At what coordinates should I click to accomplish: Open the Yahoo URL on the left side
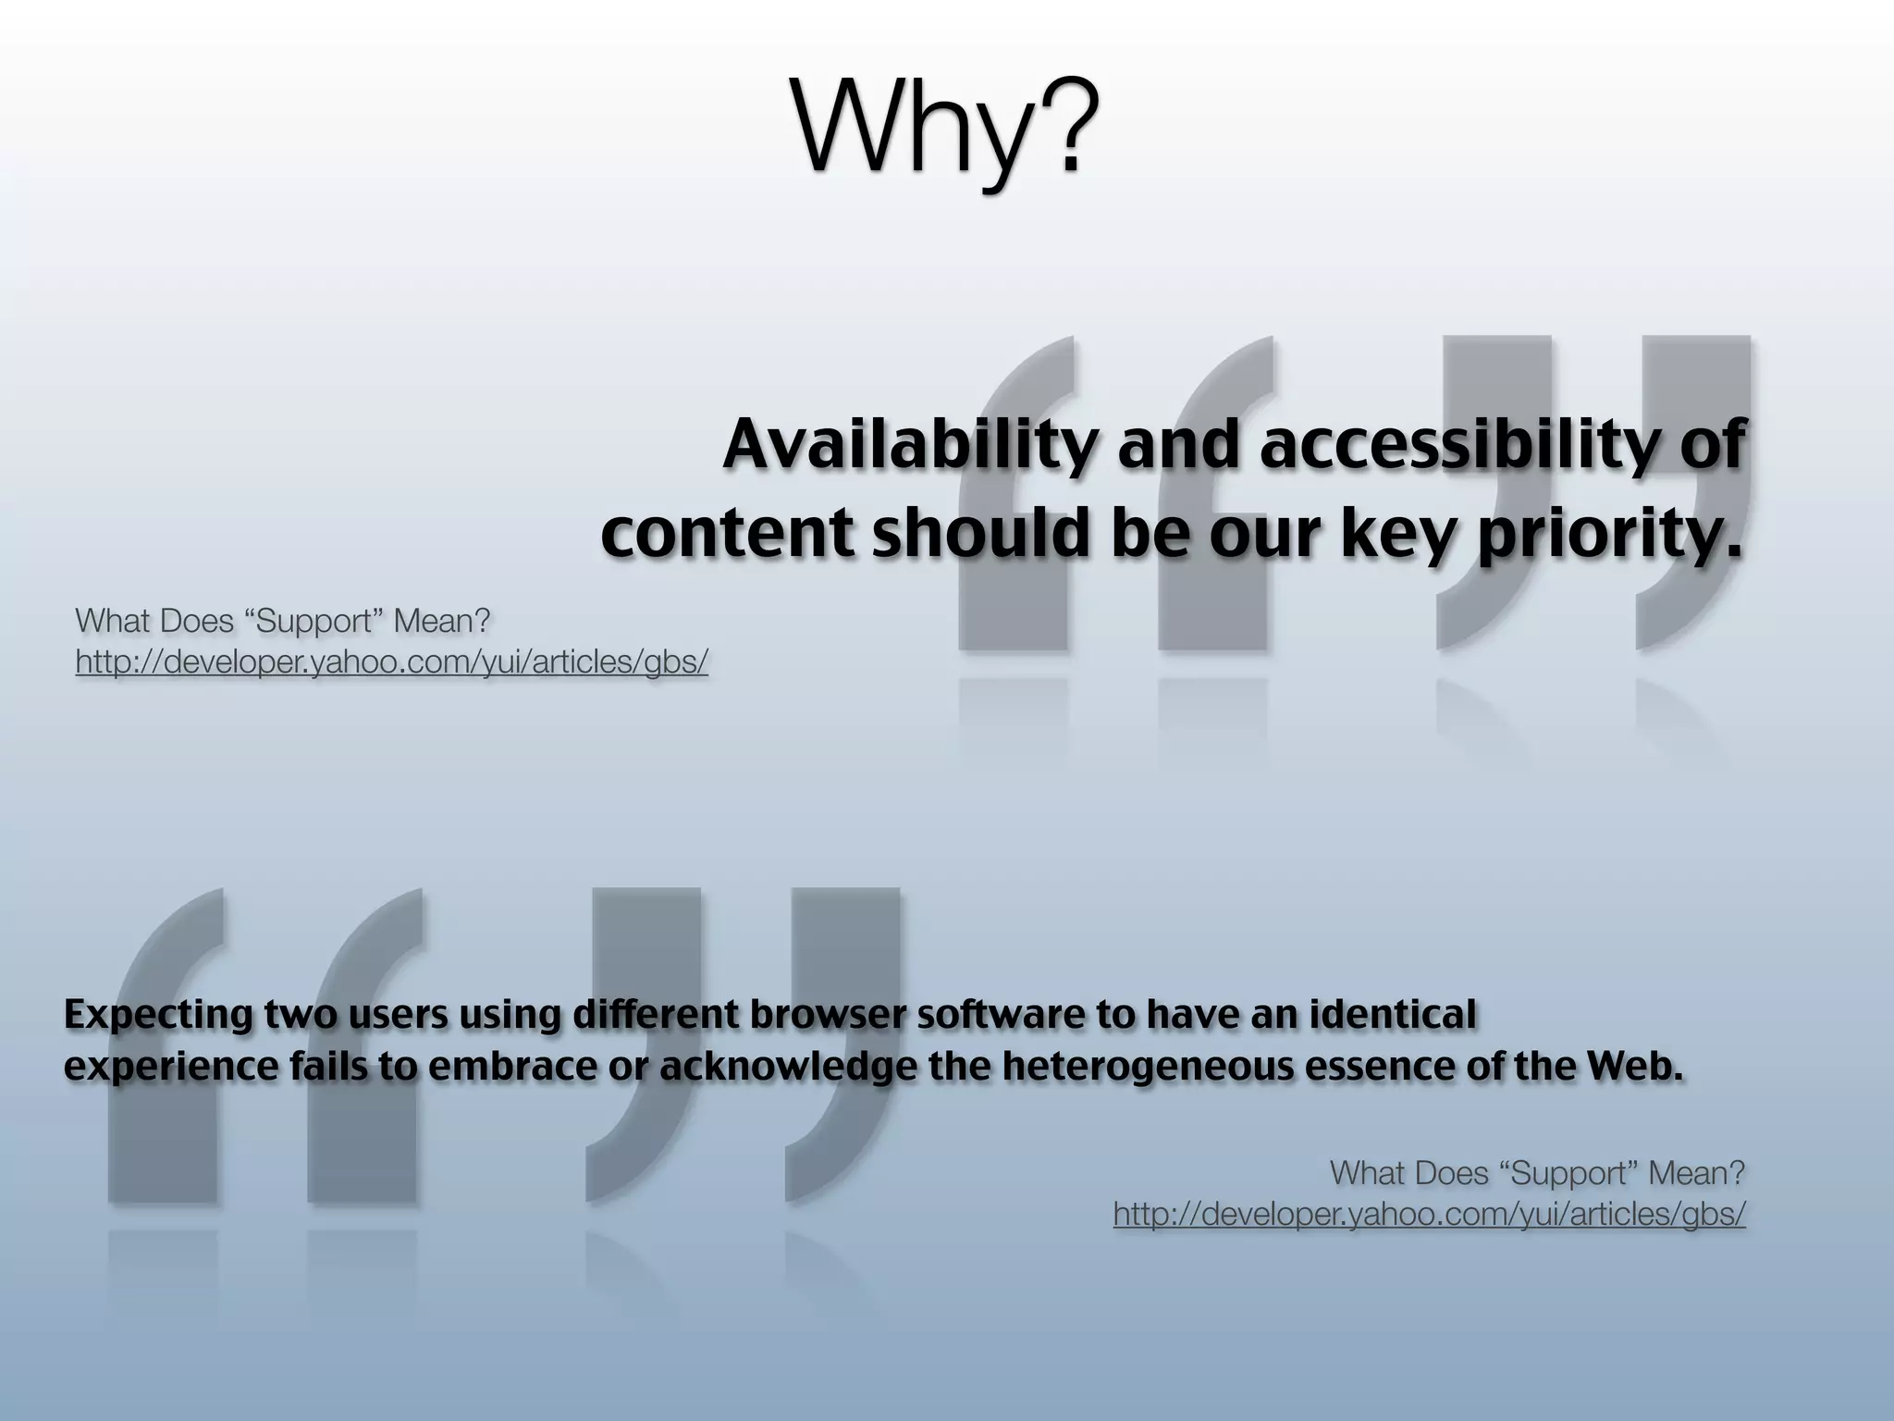391,662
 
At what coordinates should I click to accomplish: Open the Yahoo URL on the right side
1429,1215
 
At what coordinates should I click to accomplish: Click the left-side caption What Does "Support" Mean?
282,621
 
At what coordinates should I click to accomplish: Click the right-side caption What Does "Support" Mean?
1536,1173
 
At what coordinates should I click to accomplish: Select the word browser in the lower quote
827,1015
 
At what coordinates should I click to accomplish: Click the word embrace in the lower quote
511,1067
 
